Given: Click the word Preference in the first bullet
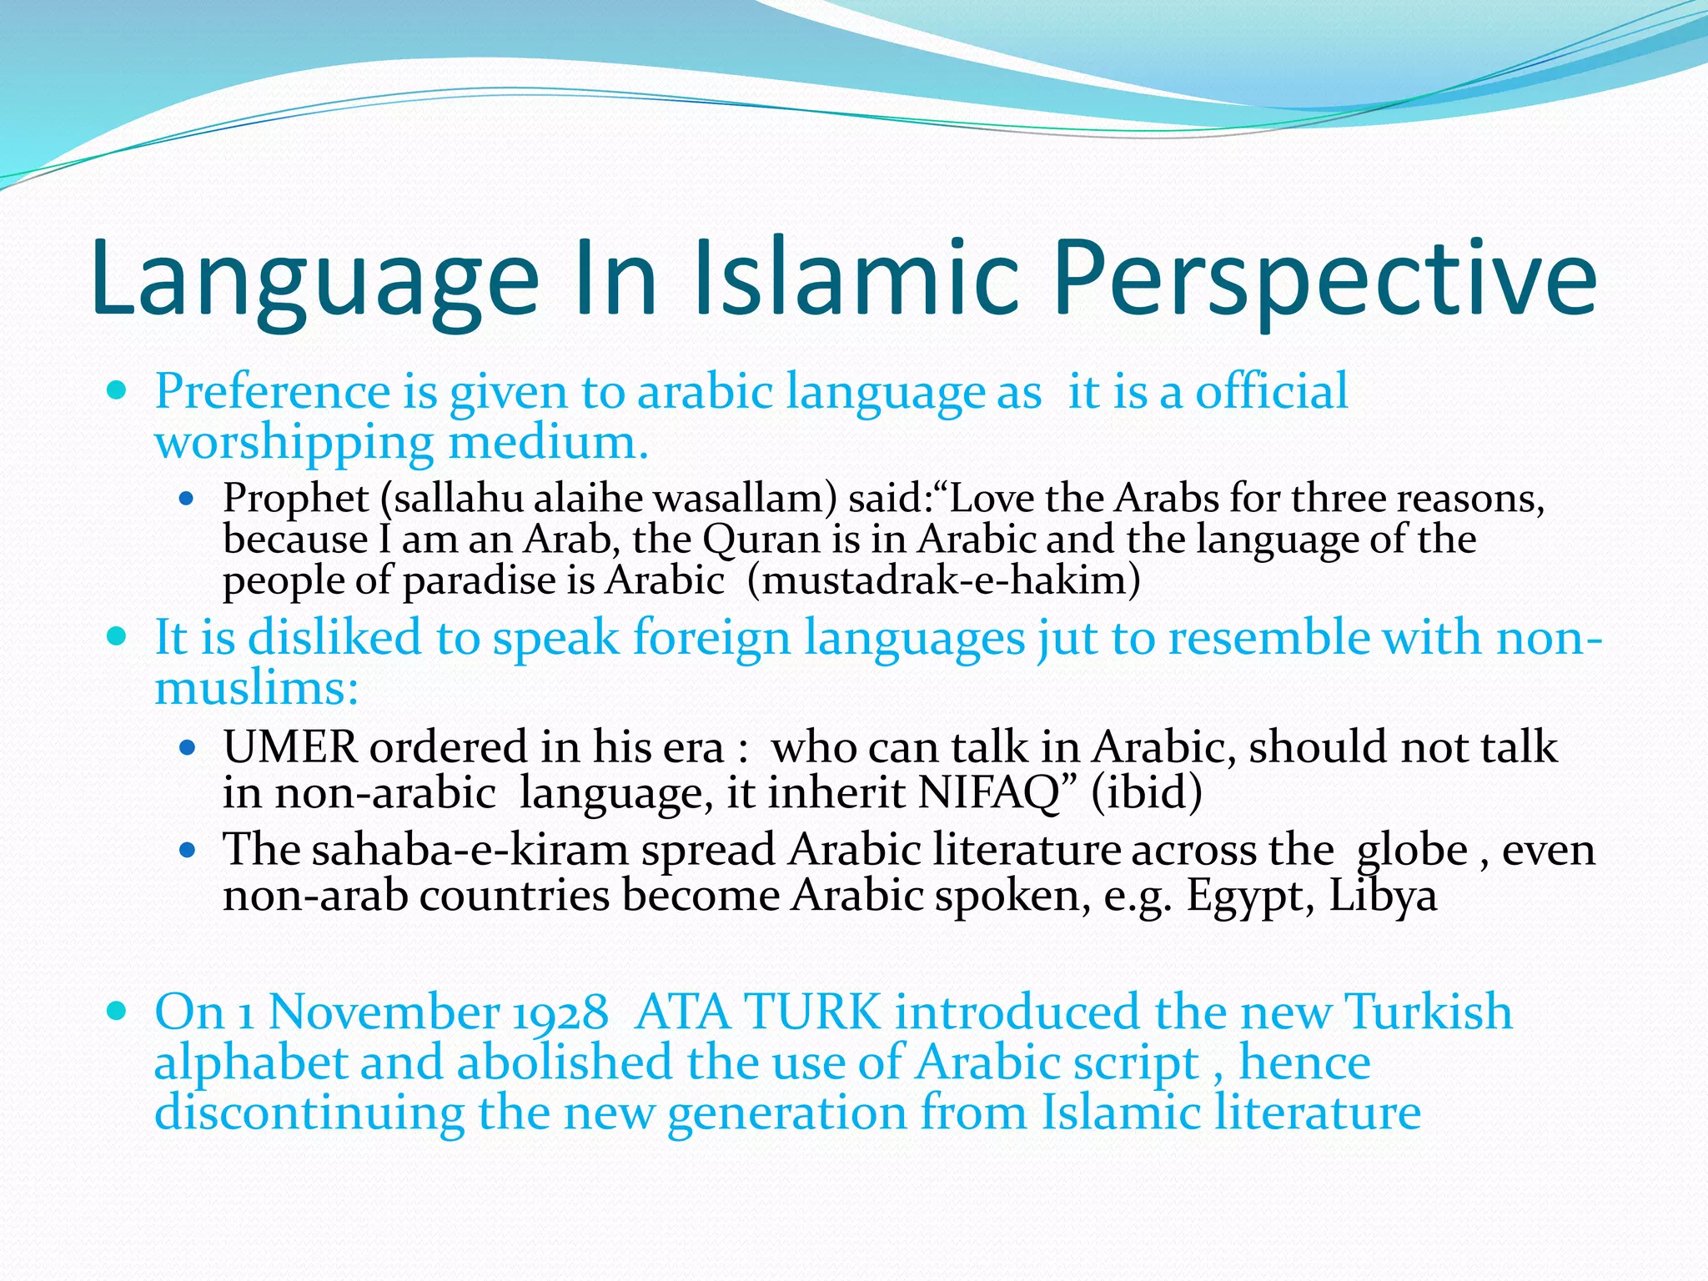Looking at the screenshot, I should pos(272,391).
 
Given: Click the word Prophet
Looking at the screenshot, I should pos(295,499).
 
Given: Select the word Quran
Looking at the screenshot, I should pos(762,539).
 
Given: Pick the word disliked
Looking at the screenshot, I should pos(334,638).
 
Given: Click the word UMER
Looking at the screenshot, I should pos(290,746).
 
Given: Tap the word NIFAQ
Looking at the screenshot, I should pos(988,792).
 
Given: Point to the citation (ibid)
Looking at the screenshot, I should pos(1147,792).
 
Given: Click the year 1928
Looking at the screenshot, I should pos(560,1012).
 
